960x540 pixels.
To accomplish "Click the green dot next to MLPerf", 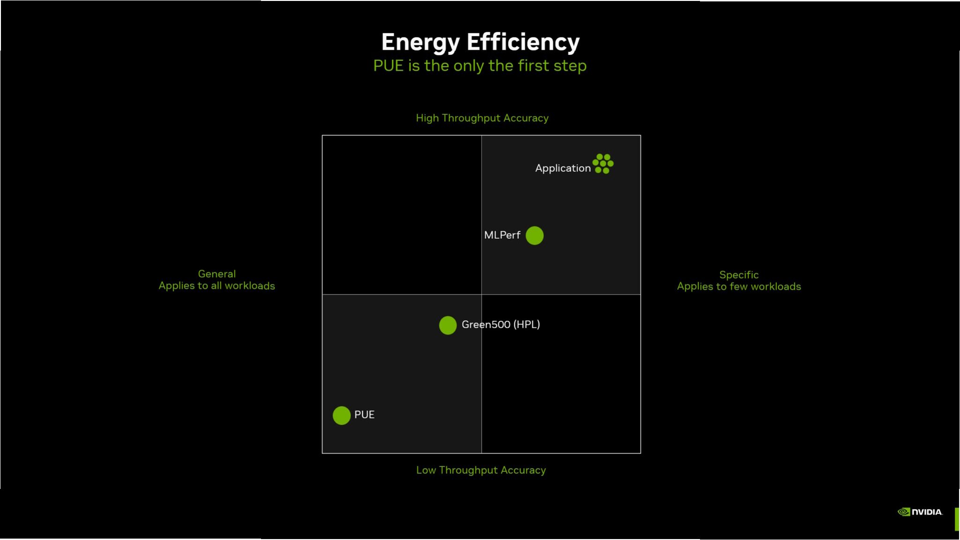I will (x=534, y=236).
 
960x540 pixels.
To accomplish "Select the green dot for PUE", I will (x=342, y=415).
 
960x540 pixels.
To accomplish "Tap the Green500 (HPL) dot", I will (x=447, y=325).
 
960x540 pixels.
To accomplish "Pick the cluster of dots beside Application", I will (x=603, y=163).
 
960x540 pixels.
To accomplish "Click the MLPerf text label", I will (x=502, y=235).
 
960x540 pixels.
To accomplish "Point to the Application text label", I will (x=563, y=168).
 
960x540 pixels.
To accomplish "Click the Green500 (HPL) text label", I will (x=500, y=325).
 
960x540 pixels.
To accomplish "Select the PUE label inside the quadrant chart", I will (x=364, y=414).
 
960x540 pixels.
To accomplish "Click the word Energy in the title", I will (x=420, y=42).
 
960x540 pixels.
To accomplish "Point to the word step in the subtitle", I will (x=570, y=66).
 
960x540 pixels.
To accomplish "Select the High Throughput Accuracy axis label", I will (x=482, y=118).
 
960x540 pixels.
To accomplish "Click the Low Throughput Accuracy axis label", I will (x=481, y=470).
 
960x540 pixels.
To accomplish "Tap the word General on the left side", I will (x=216, y=274).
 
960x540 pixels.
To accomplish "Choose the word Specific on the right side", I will (x=738, y=275).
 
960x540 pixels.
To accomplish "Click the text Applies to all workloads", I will (x=216, y=286).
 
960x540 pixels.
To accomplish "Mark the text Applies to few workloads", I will (x=738, y=287).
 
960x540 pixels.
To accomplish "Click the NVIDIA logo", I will (x=919, y=512).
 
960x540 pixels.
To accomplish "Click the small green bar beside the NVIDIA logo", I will (x=957, y=519).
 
